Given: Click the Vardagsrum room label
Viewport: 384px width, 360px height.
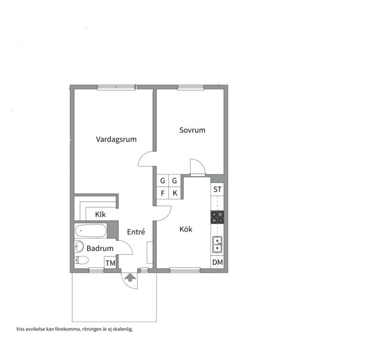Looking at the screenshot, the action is [116, 139].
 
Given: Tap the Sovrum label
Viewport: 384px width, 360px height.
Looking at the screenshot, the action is [192, 130].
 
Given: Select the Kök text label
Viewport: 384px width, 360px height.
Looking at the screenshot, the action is [186, 229].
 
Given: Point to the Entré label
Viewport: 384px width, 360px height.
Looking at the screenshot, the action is [136, 232].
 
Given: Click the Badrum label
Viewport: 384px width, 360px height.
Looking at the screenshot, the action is [100, 248].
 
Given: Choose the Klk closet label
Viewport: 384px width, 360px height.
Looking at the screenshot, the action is [101, 214].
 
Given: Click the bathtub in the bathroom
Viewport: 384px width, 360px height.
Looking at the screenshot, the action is [91, 231].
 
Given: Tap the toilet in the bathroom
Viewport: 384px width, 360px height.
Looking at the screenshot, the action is [81, 260].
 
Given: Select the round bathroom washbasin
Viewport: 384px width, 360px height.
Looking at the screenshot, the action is [79, 246].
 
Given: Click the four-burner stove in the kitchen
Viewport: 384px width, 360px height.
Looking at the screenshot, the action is [217, 217].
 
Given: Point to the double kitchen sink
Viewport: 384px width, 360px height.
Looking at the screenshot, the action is [217, 245].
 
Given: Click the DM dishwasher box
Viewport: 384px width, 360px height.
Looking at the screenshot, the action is [218, 262].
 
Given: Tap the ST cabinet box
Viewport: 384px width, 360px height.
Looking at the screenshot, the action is [217, 189].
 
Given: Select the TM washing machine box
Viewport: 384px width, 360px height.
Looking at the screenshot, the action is [110, 263].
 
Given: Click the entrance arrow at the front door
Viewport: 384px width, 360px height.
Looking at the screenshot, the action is [130, 278].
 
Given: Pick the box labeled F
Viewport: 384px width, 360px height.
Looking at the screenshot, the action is [162, 193].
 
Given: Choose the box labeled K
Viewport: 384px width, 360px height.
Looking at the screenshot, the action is [175, 193].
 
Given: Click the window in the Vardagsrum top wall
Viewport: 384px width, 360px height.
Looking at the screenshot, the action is [116, 87].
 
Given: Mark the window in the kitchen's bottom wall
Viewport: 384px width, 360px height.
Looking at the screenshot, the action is [185, 271].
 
